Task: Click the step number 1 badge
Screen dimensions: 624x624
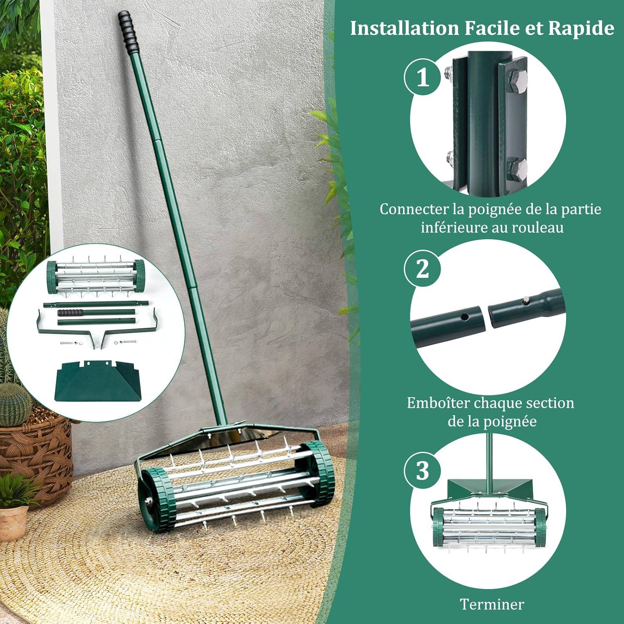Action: pyautogui.click(x=423, y=77)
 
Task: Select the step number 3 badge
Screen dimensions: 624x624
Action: pyautogui.click(x=423, y=471)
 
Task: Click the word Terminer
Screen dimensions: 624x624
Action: pyautogui.click(x=492, y=604)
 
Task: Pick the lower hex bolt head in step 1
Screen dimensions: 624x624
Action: pyautogui.click(x=518, y=167)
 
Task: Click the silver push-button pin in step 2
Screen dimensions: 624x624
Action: pyautogui.click(x=526, y=300)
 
